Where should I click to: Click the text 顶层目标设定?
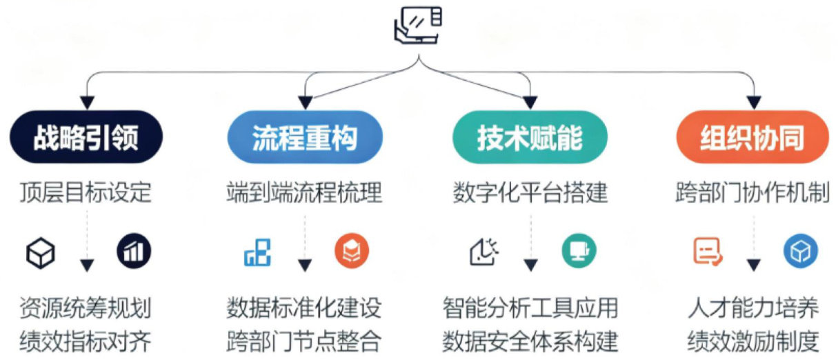pyautogui.click(x=86, y=193)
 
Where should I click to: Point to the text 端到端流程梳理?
pyautogui.click(x=304, y=193)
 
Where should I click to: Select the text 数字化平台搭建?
pyautogui.click(x=530, y=193)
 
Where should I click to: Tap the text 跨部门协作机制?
pyautogui.click(x=752, y=193)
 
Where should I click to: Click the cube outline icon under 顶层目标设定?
pyautogui.click(x=39, y=253)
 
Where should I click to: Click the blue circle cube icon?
pyautogui.click(x=800, y=251)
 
